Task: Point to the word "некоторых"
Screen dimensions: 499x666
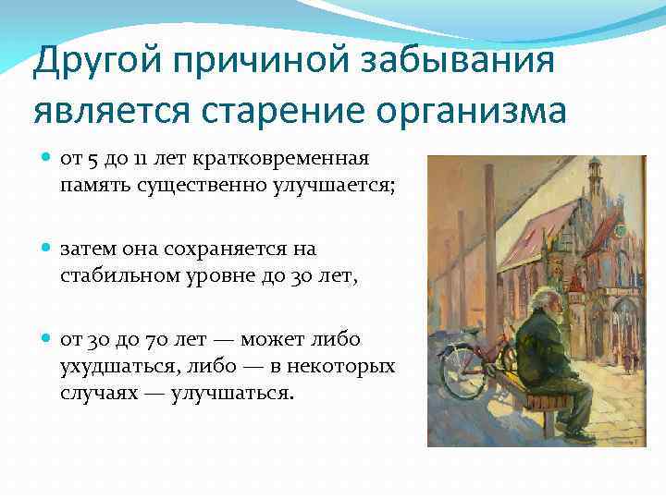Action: click(342, 366)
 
